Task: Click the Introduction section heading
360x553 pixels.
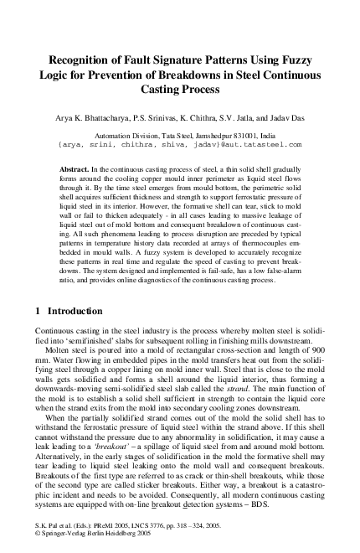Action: point(79,334)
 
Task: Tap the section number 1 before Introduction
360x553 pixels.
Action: point(38,334)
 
